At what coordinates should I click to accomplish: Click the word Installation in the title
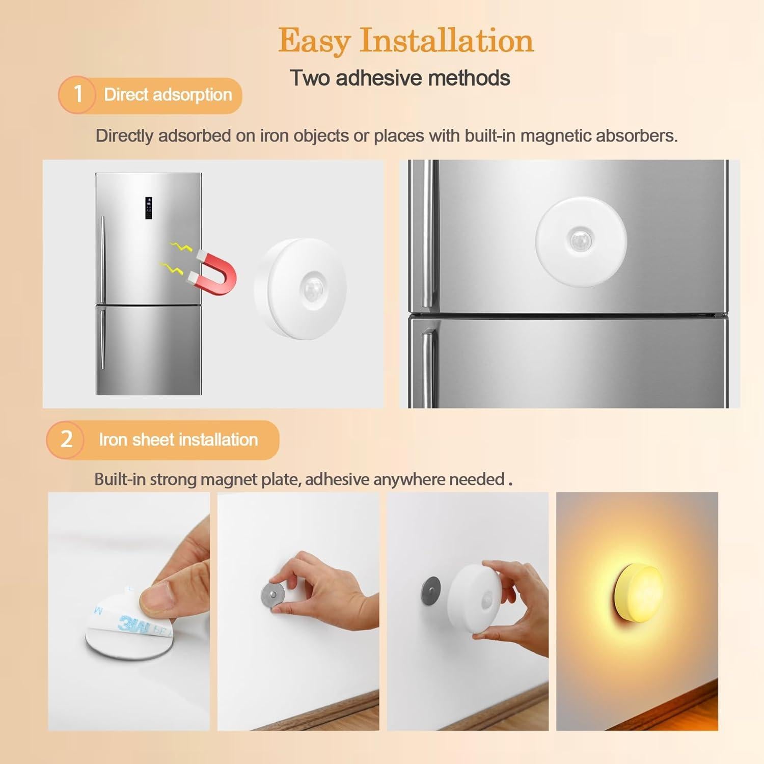tap(447, 41)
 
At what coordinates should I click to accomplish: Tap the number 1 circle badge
tap(77, 94)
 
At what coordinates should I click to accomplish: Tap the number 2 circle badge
tap(66, 439)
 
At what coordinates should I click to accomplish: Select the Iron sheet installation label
tap(178, 440)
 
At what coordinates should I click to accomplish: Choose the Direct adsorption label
tap(168, 95)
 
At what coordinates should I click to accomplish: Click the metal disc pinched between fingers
tap(272, 593)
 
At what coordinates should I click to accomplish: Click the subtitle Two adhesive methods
tap(400, 78)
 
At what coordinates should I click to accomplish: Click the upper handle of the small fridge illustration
tap(102, 257)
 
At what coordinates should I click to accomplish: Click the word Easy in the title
tap(314, 41)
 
